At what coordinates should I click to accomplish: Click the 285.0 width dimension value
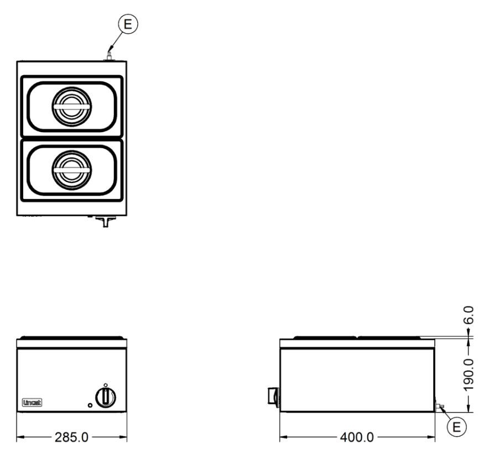71,438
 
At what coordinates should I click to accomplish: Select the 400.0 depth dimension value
357,438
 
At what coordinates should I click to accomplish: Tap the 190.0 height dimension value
469,374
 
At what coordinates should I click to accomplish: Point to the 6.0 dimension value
469,315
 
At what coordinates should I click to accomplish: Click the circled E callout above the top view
128,24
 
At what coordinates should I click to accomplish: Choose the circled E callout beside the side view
456,426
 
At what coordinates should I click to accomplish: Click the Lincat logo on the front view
32,403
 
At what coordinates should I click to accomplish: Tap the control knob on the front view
106,398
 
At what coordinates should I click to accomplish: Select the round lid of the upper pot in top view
72,107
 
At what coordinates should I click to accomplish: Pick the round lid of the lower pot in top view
72,170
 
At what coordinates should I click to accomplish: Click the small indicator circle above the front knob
106,385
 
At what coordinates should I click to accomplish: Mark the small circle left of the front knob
90,405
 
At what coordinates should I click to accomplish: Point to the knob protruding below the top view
106,221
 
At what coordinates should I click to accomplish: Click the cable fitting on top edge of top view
109,56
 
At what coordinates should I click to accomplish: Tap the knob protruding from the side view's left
273,397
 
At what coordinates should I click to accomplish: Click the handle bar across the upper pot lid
72,107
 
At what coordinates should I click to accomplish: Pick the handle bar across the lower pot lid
72,170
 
